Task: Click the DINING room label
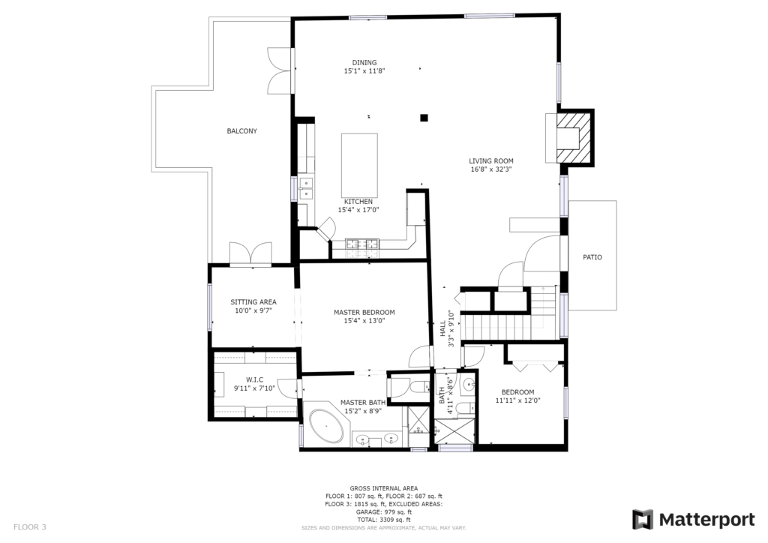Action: click(364, 63)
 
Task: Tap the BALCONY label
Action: click(242, 131)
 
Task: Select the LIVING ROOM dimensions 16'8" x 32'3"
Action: click(490, 169)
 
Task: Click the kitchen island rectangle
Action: click(359, 166)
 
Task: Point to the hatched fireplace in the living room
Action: click(573, 137)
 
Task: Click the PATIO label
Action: click(592, 257)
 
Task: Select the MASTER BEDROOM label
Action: click(364, 313)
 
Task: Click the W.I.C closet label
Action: click(255, 380)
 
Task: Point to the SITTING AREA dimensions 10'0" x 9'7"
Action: click(253, 310)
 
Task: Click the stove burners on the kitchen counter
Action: click(362, 243)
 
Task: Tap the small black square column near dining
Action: click(424, 118)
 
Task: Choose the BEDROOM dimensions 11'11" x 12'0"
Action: click(517, 400)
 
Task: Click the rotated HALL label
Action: click(442, 328)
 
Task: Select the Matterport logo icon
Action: click(643, 520)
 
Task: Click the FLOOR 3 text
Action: click(30, 527)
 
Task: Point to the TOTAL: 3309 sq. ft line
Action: click(384, 520)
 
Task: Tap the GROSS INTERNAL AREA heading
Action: click(384, 488)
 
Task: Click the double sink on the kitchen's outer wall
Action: click(306, 188)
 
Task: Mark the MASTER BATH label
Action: click(363, 403)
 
